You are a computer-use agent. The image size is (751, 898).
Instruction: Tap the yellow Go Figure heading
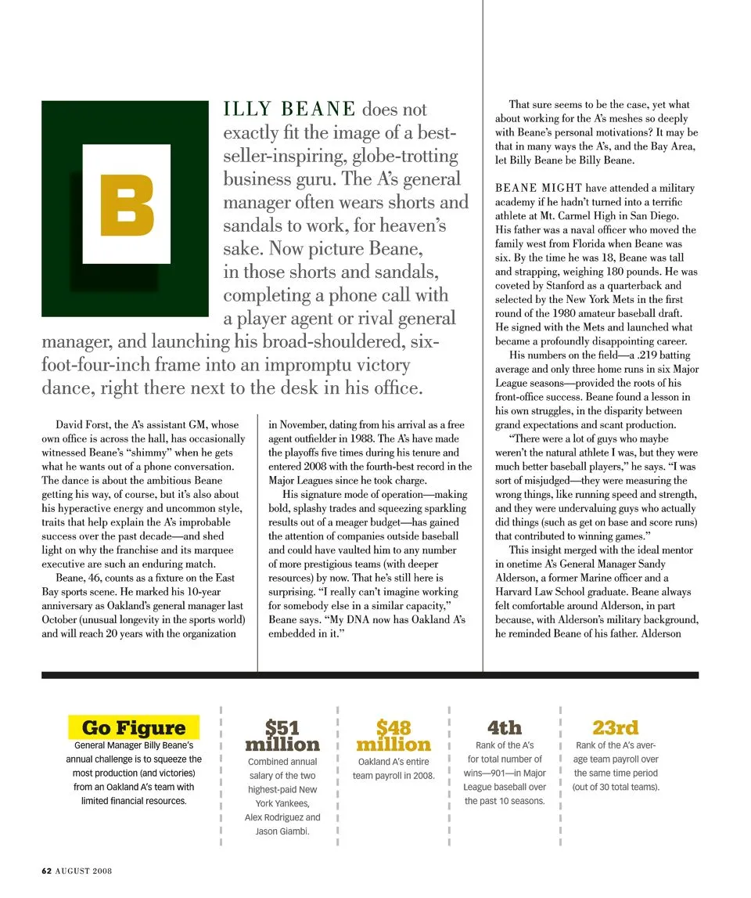tap(134, 727)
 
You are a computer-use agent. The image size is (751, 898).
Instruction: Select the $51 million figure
tap(282, 737)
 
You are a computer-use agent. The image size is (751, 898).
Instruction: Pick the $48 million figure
tap(393, 737)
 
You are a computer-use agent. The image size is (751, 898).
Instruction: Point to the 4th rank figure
tap(504, 727)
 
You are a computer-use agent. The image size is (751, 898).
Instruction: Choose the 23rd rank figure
tap(615, 727)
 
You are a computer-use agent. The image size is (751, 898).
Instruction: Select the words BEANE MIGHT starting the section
tap(527, 188)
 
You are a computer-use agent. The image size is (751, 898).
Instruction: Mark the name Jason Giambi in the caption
tap(282, 831)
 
